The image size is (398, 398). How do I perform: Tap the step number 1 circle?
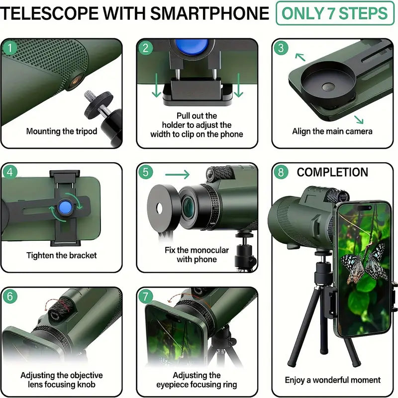[9, 48]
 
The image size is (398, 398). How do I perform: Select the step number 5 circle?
[145, 173]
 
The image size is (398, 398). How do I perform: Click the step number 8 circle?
[281, 173]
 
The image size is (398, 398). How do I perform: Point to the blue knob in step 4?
[64, 207]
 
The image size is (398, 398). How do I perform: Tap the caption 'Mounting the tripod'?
[61, 132]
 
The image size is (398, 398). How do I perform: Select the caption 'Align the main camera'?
[332, 132]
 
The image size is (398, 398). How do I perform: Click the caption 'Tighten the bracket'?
[61, 256]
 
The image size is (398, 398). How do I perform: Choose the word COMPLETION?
[332, 173]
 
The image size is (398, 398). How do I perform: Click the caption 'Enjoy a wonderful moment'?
[332, 380]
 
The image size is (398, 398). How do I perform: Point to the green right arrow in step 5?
[178, 174]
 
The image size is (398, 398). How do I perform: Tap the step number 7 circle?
[145, 297]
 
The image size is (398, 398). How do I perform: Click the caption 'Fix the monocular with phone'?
[197, 254]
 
